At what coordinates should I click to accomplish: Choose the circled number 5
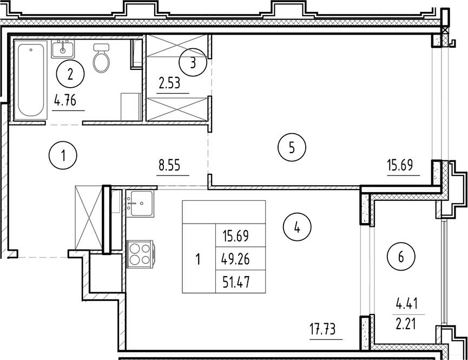tap(292, 147)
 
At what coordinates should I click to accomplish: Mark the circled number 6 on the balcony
tap(401, 257)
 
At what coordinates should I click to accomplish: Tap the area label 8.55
tap(170, 166)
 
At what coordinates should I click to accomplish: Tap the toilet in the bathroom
tap(101, 58)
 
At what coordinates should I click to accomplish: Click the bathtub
tap(31, 81)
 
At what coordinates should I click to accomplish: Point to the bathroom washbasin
tap(64, 49)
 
